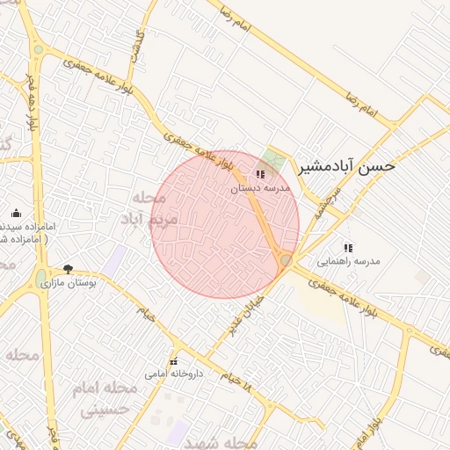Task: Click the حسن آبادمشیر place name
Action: pos(347,165)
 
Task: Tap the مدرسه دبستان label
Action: pos(260,188)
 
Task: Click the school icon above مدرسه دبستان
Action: pos(260,174)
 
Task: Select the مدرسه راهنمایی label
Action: pos(349,262)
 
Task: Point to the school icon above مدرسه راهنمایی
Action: pos(349,248)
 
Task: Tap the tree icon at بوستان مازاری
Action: pos(69,269)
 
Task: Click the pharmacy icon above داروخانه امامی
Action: pos(174,361)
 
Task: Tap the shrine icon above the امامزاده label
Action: pos(16,213)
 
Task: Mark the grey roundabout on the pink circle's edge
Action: pos(286,260)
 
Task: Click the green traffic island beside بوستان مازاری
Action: pos(40,279)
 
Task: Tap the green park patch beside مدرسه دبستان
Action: pos(276,161)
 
